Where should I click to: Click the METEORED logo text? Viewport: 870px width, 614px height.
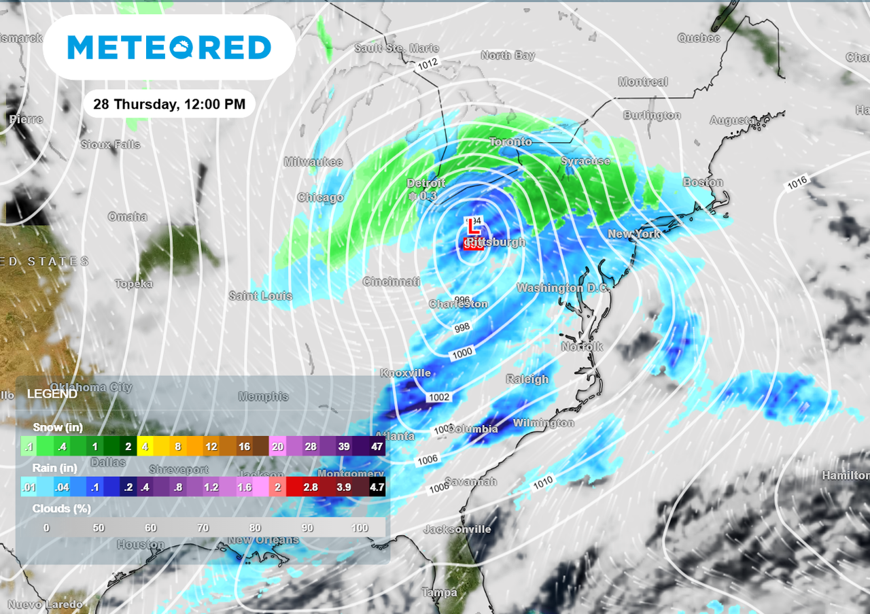(169, 48)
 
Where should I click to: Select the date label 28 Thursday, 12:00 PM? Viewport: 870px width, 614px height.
(169, 105)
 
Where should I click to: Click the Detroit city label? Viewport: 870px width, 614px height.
(425, 184)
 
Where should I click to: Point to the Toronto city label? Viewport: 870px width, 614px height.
(510, 142)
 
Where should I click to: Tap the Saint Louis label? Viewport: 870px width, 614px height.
(260, 296)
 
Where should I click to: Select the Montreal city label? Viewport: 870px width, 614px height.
(643, 82)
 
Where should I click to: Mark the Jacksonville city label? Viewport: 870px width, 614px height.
(457, 529)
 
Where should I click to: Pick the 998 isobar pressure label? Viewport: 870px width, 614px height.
(462, 328)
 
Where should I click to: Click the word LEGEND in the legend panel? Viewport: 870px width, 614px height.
(52, 394)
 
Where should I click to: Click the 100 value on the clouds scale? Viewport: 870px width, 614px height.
(360, 528)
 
